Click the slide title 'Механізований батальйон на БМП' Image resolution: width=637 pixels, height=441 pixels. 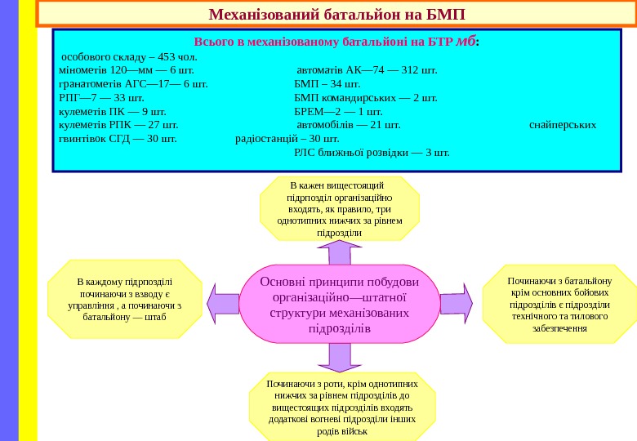pyautogui.click(x=336, y=15)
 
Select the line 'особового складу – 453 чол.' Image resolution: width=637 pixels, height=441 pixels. pyautogui.click(x=129, y=57)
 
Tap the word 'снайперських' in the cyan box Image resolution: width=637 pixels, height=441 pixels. pyautogui.click(x=563, y=125)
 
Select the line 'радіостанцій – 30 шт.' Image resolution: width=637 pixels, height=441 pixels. pyautogui.click(x=276, y=138)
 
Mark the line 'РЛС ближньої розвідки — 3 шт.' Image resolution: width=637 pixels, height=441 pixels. pyautogui.click(x=372, y=152)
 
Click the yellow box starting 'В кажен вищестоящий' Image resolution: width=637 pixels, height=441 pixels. pyautogui.click(x=340, y=209)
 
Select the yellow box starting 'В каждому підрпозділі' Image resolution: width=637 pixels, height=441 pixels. pyautogui.click(x=124, y=299)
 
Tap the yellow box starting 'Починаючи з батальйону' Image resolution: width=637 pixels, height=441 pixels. pyautogui.click(x=559, y=304)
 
